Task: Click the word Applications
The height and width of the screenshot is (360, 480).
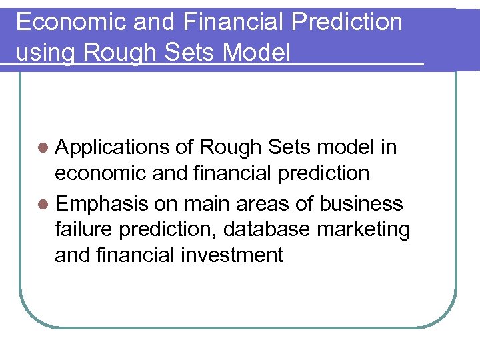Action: pos(113,147)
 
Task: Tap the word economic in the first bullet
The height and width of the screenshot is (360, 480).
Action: pos(101,173)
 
